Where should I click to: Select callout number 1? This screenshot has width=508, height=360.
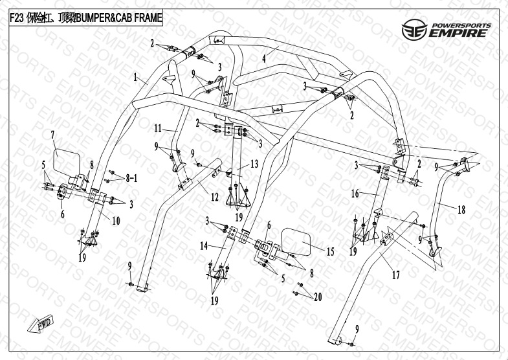click(136, 78)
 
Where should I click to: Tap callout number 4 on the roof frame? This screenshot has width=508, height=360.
click(264, 58)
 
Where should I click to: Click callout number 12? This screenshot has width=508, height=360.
click(195, 196)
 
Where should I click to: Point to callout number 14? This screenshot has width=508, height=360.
click(205, 246)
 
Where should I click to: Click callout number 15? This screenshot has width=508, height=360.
click(329, 251)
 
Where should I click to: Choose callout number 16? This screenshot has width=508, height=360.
click(355, 193)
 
